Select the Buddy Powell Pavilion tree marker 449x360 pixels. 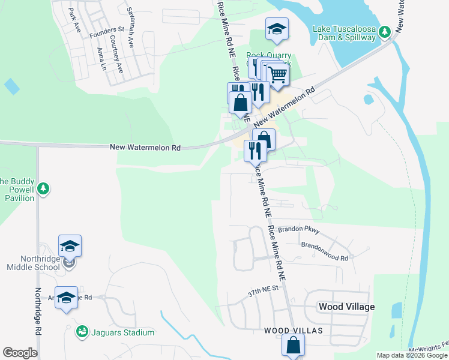43,190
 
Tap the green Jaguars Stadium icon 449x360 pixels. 82,331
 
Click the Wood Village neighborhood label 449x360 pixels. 346,307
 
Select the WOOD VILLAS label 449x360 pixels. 293,331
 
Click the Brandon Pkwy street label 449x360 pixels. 302,231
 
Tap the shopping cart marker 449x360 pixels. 277,75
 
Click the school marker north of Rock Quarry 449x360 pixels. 277,29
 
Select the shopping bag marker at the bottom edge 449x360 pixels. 293,346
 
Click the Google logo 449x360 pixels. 20,353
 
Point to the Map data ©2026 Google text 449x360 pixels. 412,355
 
